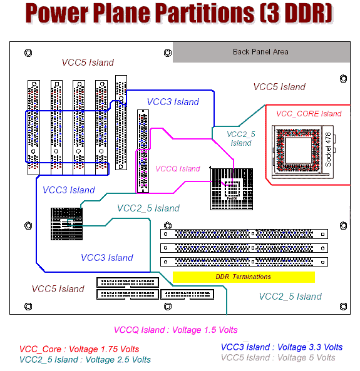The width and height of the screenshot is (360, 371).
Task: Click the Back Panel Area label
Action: pyautogui.click(x=260, y=51)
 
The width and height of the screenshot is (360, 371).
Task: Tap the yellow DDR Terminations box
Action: pyautogui.click(x=244, y=277)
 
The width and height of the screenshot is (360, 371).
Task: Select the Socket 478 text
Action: pyautogui.click(x=328, y=150)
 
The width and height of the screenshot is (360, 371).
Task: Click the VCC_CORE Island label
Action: pyautogui.click(x=309, y=114)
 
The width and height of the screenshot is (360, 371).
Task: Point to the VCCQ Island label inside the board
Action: pyautogui.click(x=178, y=168)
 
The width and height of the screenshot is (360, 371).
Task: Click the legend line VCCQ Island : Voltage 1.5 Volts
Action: pyautogui.click(x=175, y=330)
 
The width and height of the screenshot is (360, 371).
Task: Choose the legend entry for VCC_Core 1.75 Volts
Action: pyautogui.click(x=79, y=349)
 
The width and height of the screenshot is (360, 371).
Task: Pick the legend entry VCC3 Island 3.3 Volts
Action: pyautogui.click(x=282, y=347)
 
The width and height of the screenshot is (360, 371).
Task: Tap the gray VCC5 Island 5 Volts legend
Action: pyautogui.click(x=278, y=357)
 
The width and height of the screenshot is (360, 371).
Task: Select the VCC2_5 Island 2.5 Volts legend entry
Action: pyautogui.click(x=85, y=360)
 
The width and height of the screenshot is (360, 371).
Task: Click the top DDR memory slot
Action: pyautogui.click(x=244, y=234)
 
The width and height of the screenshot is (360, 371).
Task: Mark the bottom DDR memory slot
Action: pyautogui.click(x=244, y=262)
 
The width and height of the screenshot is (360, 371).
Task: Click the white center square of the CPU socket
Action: pyautogui.click(x=299, y=150)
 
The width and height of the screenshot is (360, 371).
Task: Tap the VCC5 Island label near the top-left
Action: pyautogui.click(x=88, y=63)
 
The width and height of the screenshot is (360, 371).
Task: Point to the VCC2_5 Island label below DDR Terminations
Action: pyautogui.click(x=291, y=296)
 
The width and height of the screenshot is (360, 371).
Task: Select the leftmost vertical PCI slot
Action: pyautogui.click(x=34, y=128)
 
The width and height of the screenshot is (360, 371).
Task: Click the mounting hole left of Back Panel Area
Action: pyautogui.click(x=168, y=53)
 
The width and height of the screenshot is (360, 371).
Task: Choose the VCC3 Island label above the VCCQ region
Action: pyautogui.click(x=173, y=102)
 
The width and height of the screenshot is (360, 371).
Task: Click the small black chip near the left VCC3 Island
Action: pyautogui.click(x=67, y=224)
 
